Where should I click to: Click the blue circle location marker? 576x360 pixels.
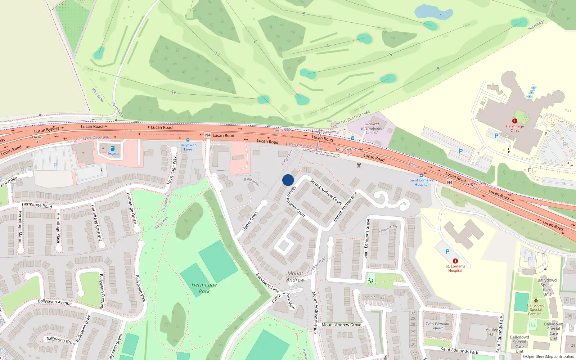(288, 180)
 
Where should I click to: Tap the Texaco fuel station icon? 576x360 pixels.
(113, 148)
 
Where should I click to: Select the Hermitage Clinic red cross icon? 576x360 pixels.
(514, 121)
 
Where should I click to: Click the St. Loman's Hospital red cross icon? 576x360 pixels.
(455, 261)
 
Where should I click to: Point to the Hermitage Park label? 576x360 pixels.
(204, 288)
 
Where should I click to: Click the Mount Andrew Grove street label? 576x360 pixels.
(341, 325)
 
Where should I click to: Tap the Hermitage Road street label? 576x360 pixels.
(37, 206)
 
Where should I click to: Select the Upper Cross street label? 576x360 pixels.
(250, 221)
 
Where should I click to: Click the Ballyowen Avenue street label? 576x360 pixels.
(55, 302)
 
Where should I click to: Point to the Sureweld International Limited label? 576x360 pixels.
(372, 128)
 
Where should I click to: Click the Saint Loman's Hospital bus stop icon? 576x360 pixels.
(421, 176)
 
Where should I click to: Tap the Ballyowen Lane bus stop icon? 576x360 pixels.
(188, 140)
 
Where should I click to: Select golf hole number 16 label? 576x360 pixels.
(174, 93)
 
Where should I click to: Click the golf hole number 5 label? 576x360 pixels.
(304, 14)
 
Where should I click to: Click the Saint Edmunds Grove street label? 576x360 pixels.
(366, 238)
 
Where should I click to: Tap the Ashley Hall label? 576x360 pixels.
(492, 332)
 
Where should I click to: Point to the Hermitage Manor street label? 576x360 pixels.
(20, 227)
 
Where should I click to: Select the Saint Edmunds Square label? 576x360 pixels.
(438, 325)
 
